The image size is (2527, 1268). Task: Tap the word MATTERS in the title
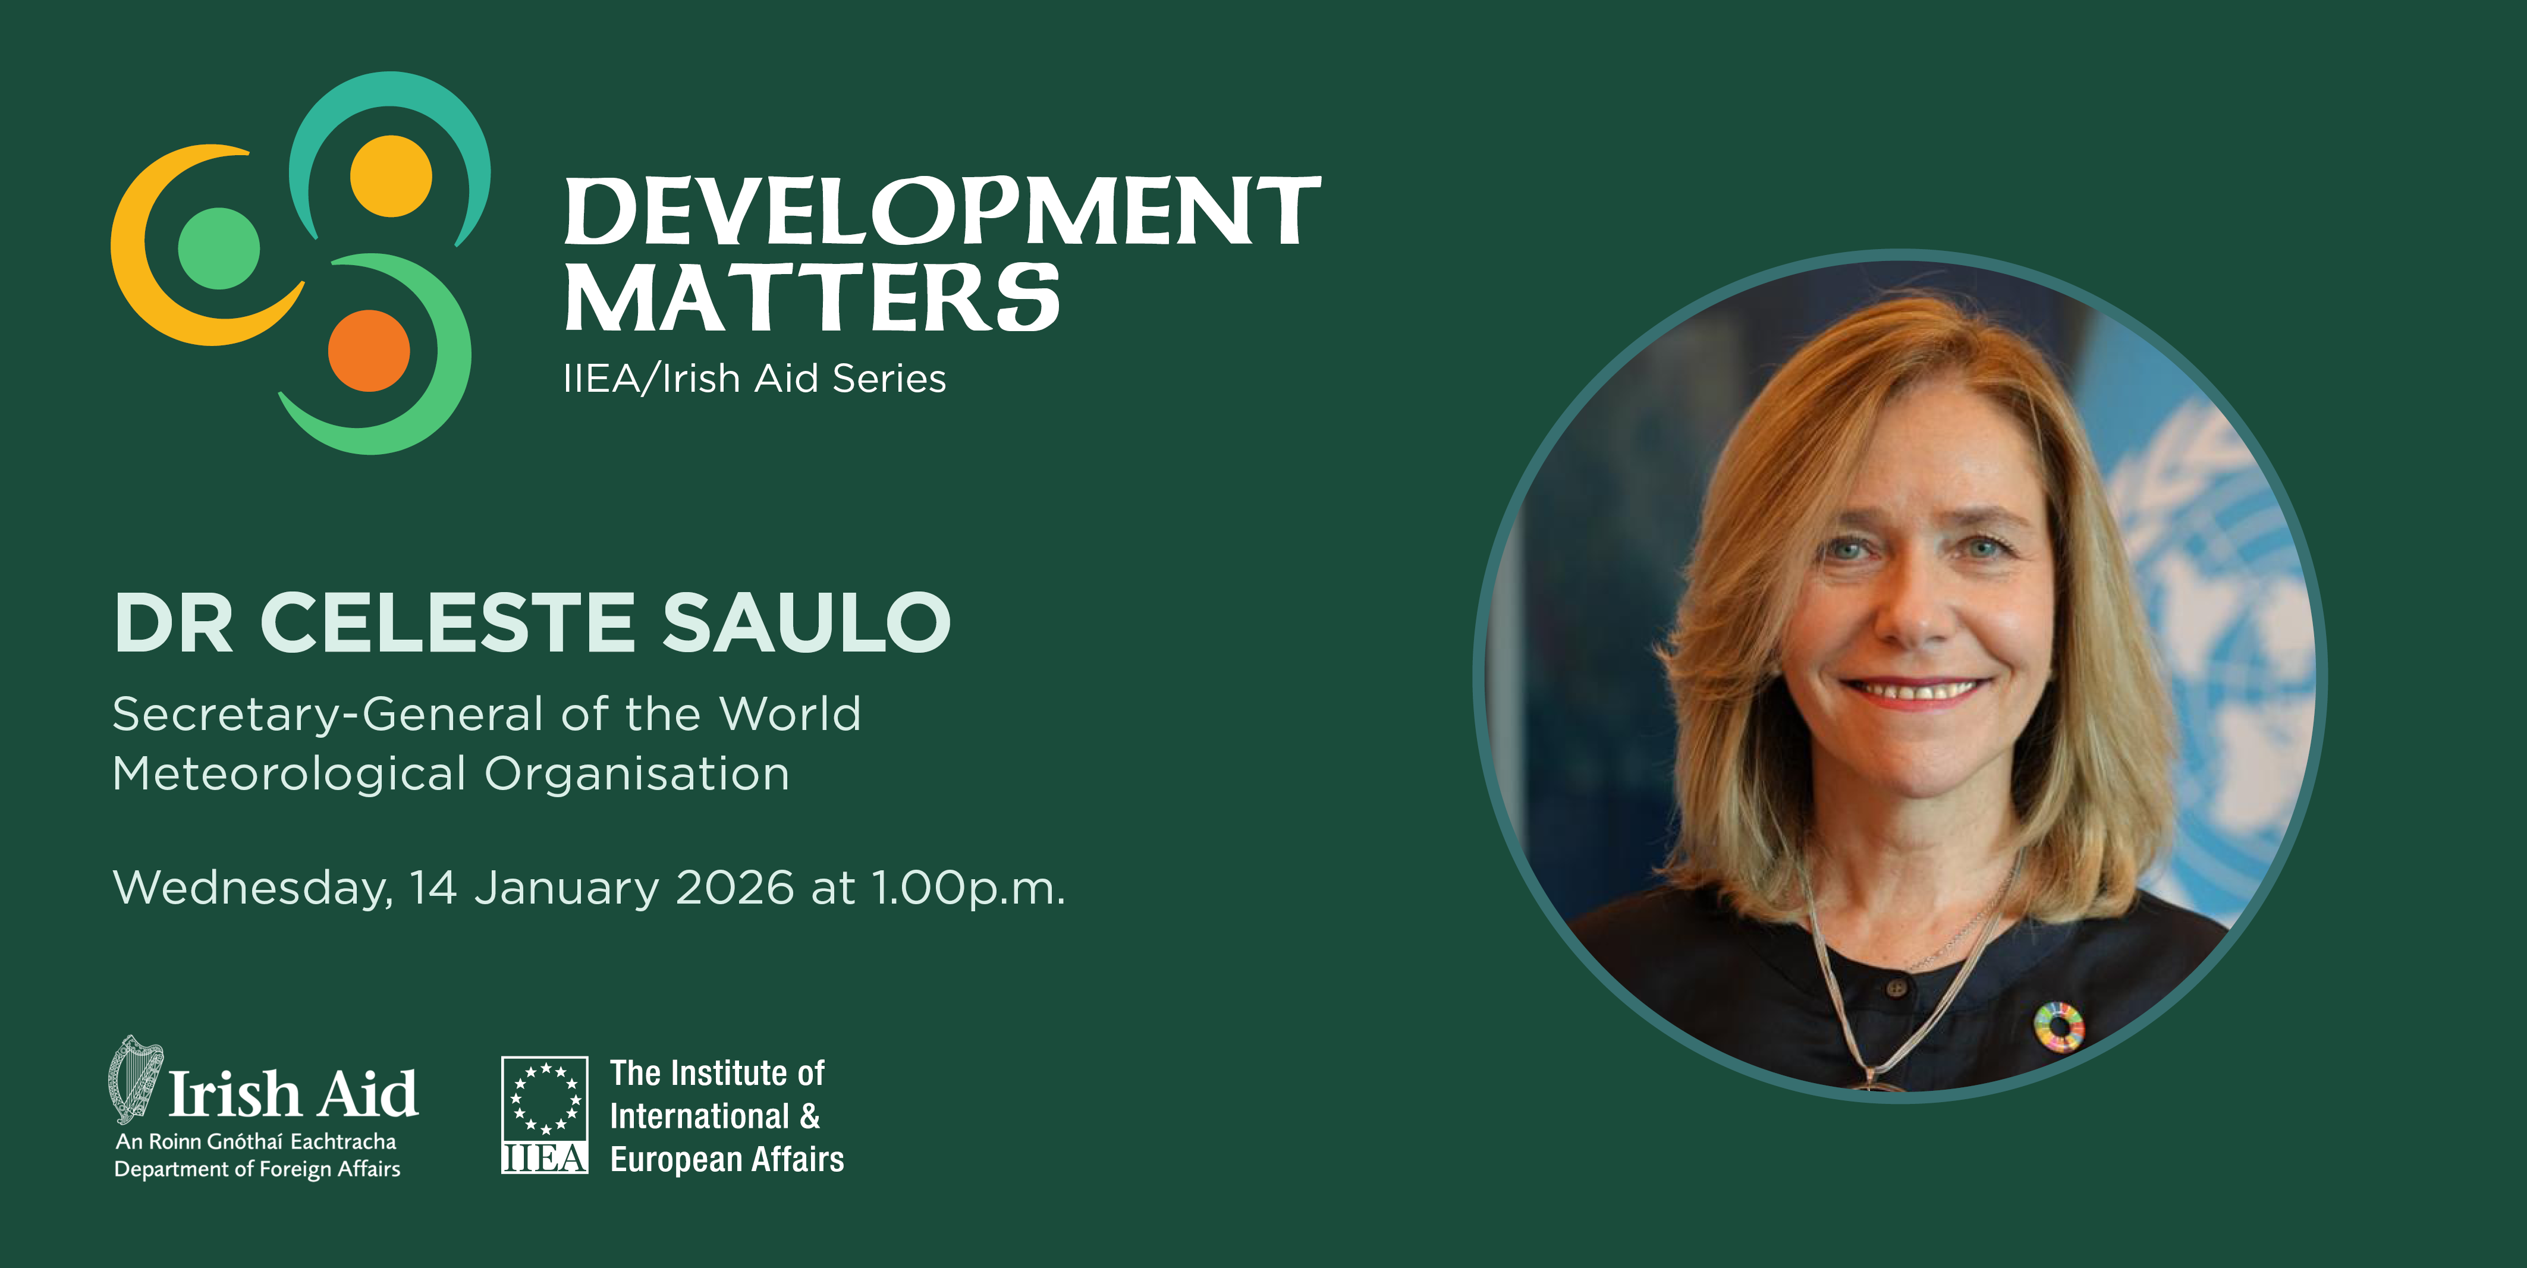[x=812, y=297]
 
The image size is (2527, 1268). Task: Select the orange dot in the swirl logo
[x=369, y=350]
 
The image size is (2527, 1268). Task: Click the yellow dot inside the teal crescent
[x=391, y=175]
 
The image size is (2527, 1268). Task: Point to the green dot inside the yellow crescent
[x=219, y=248]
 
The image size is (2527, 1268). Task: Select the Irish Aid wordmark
[x=293, y=1094]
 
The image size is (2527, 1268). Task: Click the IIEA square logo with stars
[x=545, y=1115]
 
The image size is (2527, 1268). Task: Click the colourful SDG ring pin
[x=2058, y=1027]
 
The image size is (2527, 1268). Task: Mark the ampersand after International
[x=809, y=1116]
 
